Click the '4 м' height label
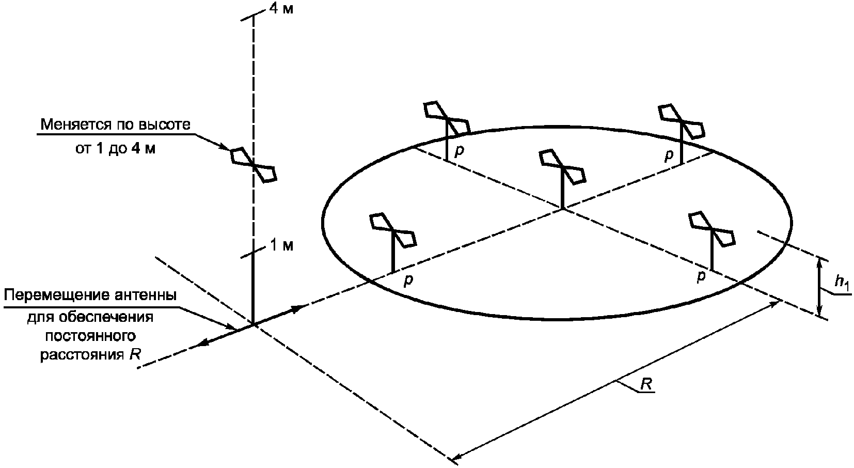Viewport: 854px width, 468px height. click(x=281, y=9)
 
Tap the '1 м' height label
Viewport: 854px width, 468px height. click(x=281, y=246)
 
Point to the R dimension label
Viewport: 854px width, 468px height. click(x=646, y=384)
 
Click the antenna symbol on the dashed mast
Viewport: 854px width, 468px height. click(x=254, y=165)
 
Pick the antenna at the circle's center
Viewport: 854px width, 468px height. click(x=563, y=168)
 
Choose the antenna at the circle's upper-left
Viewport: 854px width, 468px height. click(x=447, y=119)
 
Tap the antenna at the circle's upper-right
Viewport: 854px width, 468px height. click(x=682, y=122)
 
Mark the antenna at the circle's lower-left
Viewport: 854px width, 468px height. click(x=393, y=231)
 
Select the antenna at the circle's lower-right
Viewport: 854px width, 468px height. click(x=711, y=229)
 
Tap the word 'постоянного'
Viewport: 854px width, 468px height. click(x=91, y=336)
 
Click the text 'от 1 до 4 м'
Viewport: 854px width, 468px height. click(x=115, y=148)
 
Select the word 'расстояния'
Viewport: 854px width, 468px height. click(x=82, y=355)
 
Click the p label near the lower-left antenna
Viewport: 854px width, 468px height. click(x=408, y=280)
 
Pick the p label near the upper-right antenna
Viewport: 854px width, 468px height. click(x=669, y=155)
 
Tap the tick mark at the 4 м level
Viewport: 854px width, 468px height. click(x=254, y=17)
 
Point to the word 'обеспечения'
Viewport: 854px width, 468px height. click(x=90, y=317)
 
